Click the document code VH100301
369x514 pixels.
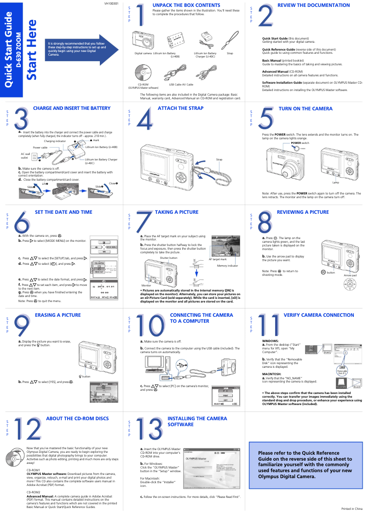point(112,3)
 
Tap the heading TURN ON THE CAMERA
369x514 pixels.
point(306,109)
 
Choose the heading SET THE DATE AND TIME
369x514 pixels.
point(63,212)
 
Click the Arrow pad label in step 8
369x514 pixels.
point(353,275)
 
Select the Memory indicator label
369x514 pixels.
point(227,266)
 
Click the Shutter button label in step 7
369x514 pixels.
point(168,258)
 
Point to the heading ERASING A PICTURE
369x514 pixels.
point(58,315)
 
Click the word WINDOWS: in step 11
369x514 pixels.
point(270,341)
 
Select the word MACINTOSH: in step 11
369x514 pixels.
point(271,374)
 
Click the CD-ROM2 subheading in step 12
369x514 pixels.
point(34,492)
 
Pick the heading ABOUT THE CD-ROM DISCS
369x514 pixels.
point(77,418)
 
